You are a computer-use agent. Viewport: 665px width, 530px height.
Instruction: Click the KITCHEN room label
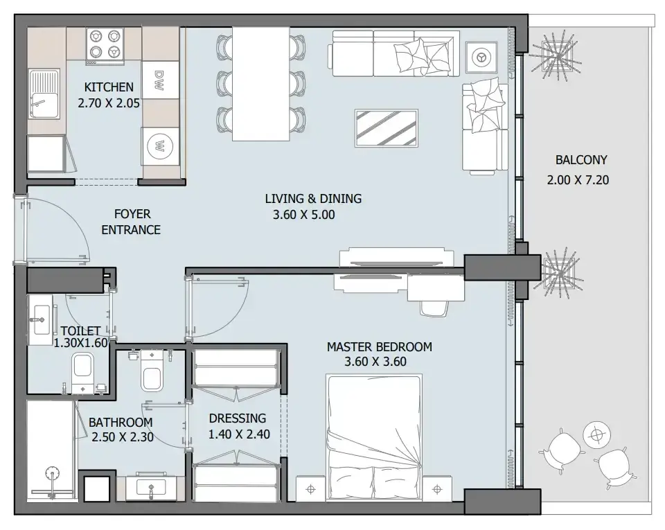[x=109, y=87]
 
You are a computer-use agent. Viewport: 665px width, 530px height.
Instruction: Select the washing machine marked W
[x=160, y=146]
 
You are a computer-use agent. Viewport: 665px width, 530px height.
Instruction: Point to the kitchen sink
[x=44, y=94]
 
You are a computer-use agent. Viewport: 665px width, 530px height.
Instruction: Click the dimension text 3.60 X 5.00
[x=303, y=215]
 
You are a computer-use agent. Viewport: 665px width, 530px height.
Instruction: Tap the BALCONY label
[x=581, y=160]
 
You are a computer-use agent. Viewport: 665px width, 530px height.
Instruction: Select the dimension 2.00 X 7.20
[x=578, y=179]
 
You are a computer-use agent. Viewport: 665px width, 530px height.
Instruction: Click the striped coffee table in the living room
[x=387, y=128]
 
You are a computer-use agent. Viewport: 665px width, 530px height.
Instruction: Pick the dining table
[x=261, y=84]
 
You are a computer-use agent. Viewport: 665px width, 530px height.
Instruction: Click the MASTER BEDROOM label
[x=379, y=347]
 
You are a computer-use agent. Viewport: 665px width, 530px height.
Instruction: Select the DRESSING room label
[x=238, y=418]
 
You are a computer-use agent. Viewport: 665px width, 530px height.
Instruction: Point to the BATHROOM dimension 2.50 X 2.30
[x=123, y=436]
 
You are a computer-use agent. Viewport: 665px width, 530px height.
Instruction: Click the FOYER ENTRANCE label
[x=131, y=222]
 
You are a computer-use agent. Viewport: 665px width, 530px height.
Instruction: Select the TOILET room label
[x=80, y=330]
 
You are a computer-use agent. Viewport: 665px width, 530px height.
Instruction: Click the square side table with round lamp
[x=481, y=57]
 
